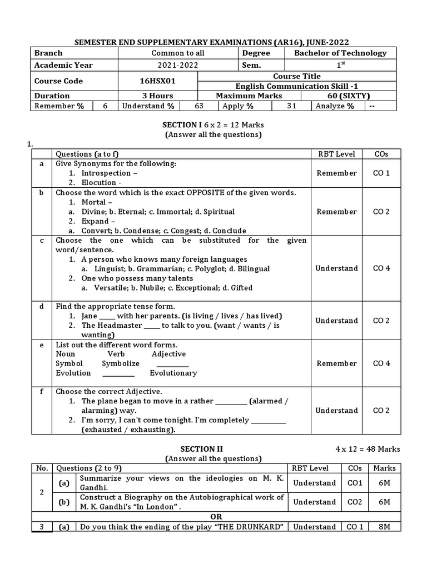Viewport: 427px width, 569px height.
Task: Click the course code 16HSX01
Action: pos(157,81)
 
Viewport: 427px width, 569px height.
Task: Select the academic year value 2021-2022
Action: pos(178,65)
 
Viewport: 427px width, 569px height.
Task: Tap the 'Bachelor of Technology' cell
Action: pos(340,53)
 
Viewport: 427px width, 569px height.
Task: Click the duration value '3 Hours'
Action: pos(157,96)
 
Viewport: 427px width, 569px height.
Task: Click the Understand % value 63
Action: pos(199,106)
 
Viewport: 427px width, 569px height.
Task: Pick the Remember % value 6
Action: pos(105,106)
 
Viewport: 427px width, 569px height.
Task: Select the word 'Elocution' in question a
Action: pos(98,182)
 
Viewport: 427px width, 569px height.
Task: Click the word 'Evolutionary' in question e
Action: pos(173,373)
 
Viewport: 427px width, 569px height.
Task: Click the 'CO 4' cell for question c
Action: pos(381,268)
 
